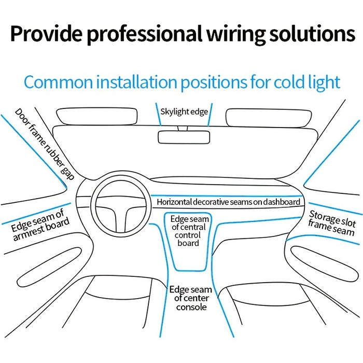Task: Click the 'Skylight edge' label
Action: [184, 111]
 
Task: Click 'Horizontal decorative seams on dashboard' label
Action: [228, 202]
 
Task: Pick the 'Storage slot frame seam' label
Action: [332, 223]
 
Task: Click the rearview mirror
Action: [184, 137]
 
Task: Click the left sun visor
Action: [97, 116]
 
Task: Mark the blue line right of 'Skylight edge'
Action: [210, 115]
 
